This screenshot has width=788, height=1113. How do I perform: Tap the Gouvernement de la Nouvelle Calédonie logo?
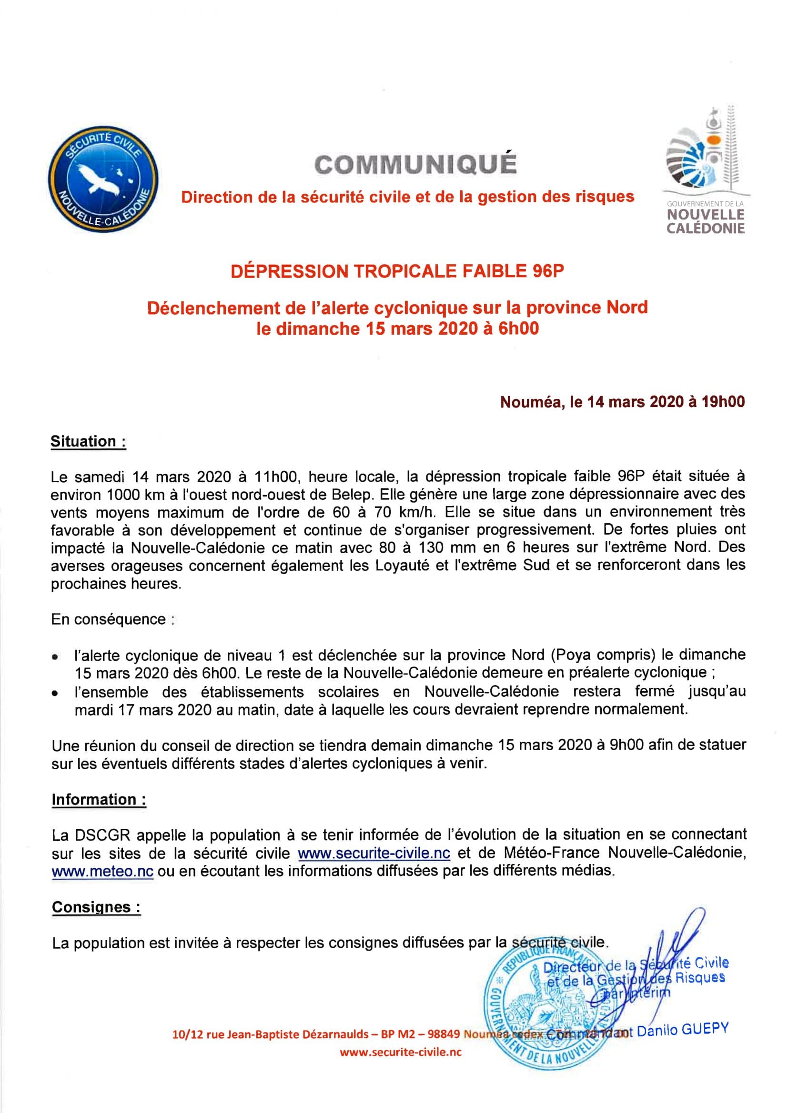[704, 169]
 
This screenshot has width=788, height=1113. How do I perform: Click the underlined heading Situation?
[88, 442]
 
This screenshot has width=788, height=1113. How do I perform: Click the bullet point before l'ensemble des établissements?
[56, 694]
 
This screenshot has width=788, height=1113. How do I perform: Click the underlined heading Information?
[99, 799]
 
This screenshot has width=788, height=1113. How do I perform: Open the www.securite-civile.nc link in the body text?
[374, 853]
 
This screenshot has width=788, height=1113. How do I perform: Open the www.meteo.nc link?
[102, 871]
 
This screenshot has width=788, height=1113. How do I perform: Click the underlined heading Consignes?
[96, 907]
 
